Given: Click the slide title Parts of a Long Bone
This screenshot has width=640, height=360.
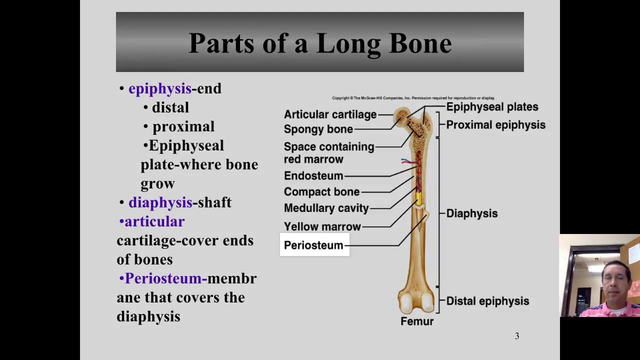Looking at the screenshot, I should (320, 43).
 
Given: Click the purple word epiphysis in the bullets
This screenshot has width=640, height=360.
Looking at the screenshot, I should (159, 89).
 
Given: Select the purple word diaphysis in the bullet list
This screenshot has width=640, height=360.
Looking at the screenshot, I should (160, 202).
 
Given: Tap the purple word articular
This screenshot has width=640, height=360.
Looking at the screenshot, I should (154, 221).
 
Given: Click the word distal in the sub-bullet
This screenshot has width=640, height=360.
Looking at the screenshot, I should (170, 107).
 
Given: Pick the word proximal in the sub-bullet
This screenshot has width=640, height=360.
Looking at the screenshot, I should (183, 126).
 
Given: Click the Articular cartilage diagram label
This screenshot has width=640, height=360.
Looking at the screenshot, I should (330, 114).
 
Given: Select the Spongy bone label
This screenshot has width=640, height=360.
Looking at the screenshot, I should (318, 129).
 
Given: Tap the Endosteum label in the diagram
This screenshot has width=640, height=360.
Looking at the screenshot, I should (313, 176).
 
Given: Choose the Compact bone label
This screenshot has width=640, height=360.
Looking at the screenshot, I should (321, 192).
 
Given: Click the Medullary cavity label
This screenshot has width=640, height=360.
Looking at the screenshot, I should (326, 208).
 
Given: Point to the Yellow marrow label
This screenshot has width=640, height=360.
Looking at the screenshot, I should (322, 227).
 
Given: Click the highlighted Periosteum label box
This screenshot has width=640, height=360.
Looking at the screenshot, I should (314, 245).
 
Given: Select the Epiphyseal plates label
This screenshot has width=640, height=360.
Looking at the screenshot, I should (492, 107).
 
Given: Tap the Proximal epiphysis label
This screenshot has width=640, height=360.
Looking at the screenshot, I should (495, 125).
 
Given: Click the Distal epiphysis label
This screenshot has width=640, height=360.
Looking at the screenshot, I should (487, 301).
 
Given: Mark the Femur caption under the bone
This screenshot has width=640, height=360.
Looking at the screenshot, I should (417, 321).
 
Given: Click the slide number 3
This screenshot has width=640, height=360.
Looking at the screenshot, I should (517, 336).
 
